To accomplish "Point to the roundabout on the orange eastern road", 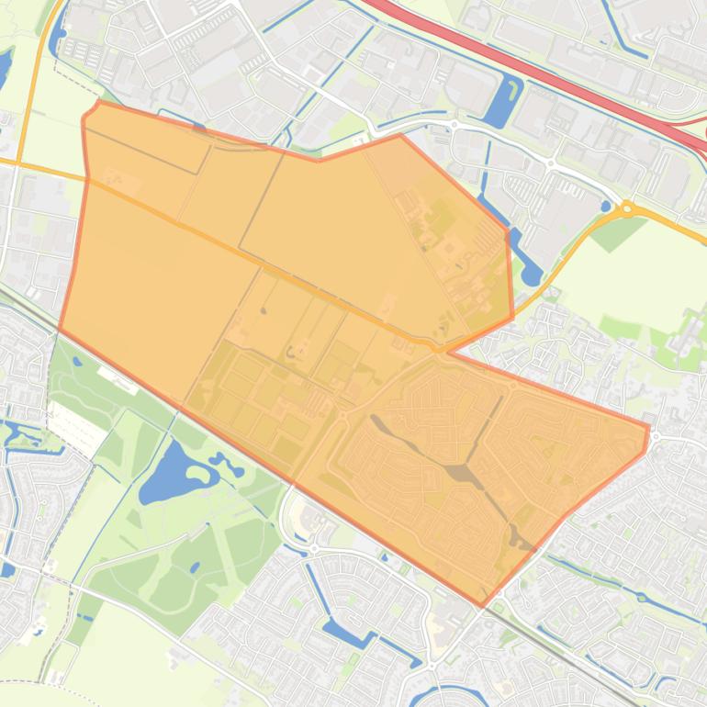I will pyautogui.click(x=627, y=208).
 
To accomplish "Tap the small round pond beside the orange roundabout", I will pyautogui.click(x=606, y=207).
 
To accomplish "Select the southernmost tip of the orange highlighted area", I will pyautogui.click(x=480, y=604).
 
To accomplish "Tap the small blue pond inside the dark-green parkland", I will pyautogui.click(x=194, y=567).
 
